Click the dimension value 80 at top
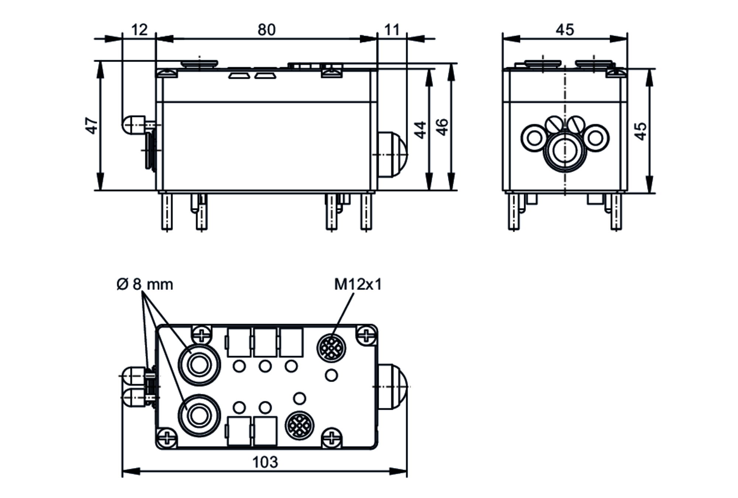click(266, 30)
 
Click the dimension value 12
click(139, 30)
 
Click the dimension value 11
click(392, 30)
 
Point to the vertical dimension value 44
click(420, 130)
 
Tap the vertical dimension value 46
click(442, 127)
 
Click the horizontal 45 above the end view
click(565, 30)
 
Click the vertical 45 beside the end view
click(641, 131)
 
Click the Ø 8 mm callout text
click(145, 284)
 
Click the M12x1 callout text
click(358, 284)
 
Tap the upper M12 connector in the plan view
click(331, 347)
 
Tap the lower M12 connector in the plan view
click(300, 426)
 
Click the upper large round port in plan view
click(199, 365)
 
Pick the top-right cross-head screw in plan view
click(366, 335)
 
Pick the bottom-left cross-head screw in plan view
click(167, 439)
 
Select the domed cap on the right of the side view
click(393, 155)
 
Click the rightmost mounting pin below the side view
click(366, 212)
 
